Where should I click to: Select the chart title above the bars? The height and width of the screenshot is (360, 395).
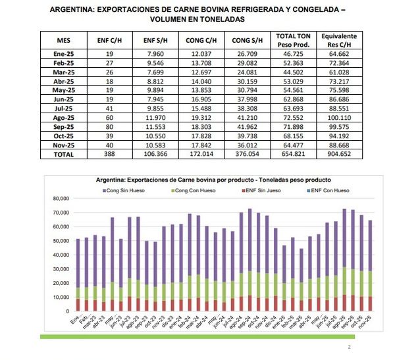[x=213, y=179]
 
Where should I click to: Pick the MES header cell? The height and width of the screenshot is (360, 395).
[x=63, y=40]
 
